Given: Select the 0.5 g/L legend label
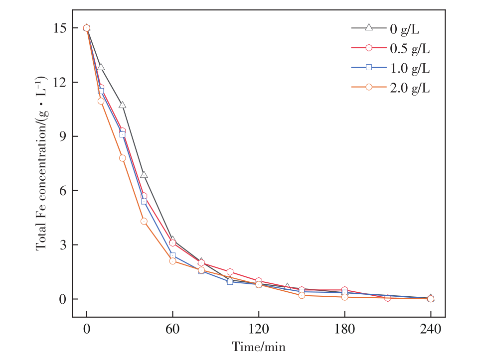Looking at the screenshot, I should (x=410, y=48).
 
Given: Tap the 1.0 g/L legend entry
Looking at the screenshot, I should (x=410, y=68).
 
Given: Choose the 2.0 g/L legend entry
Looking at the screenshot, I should (x=410, y=88).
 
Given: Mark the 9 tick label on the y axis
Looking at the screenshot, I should (x=62, y=136).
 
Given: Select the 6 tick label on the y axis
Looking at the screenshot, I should (x=62, y=191).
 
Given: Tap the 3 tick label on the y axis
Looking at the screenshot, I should (x=62, y=245).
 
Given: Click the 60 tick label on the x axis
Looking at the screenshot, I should (x=172, y=329).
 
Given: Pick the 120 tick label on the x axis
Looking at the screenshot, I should (x=259, y=329).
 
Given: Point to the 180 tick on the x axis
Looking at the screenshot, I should (x=344, y=329).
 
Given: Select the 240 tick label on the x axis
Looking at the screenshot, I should (x=431, y=329).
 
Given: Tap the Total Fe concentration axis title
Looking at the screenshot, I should (x=42, y=163).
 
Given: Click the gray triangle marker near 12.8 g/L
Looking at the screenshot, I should (x=101, y=67).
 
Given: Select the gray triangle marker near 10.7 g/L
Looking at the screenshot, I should (x=122, y=105).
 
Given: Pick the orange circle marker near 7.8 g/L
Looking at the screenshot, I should (x=122, y=158).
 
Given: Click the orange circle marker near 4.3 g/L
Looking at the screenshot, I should (x=144, y=221).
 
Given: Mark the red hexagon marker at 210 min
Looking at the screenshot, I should (x=388, y=298).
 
